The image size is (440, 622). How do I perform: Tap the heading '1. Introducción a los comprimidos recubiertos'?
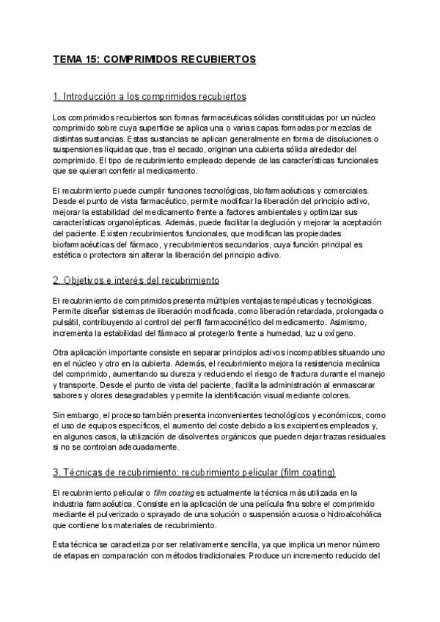[150, 97]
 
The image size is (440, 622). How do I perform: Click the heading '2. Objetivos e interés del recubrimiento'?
[136, 280]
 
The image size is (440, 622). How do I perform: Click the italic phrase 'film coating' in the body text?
[175, 491]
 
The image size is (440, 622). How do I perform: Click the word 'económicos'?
[343, 416]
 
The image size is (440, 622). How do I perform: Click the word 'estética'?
[67, 256]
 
